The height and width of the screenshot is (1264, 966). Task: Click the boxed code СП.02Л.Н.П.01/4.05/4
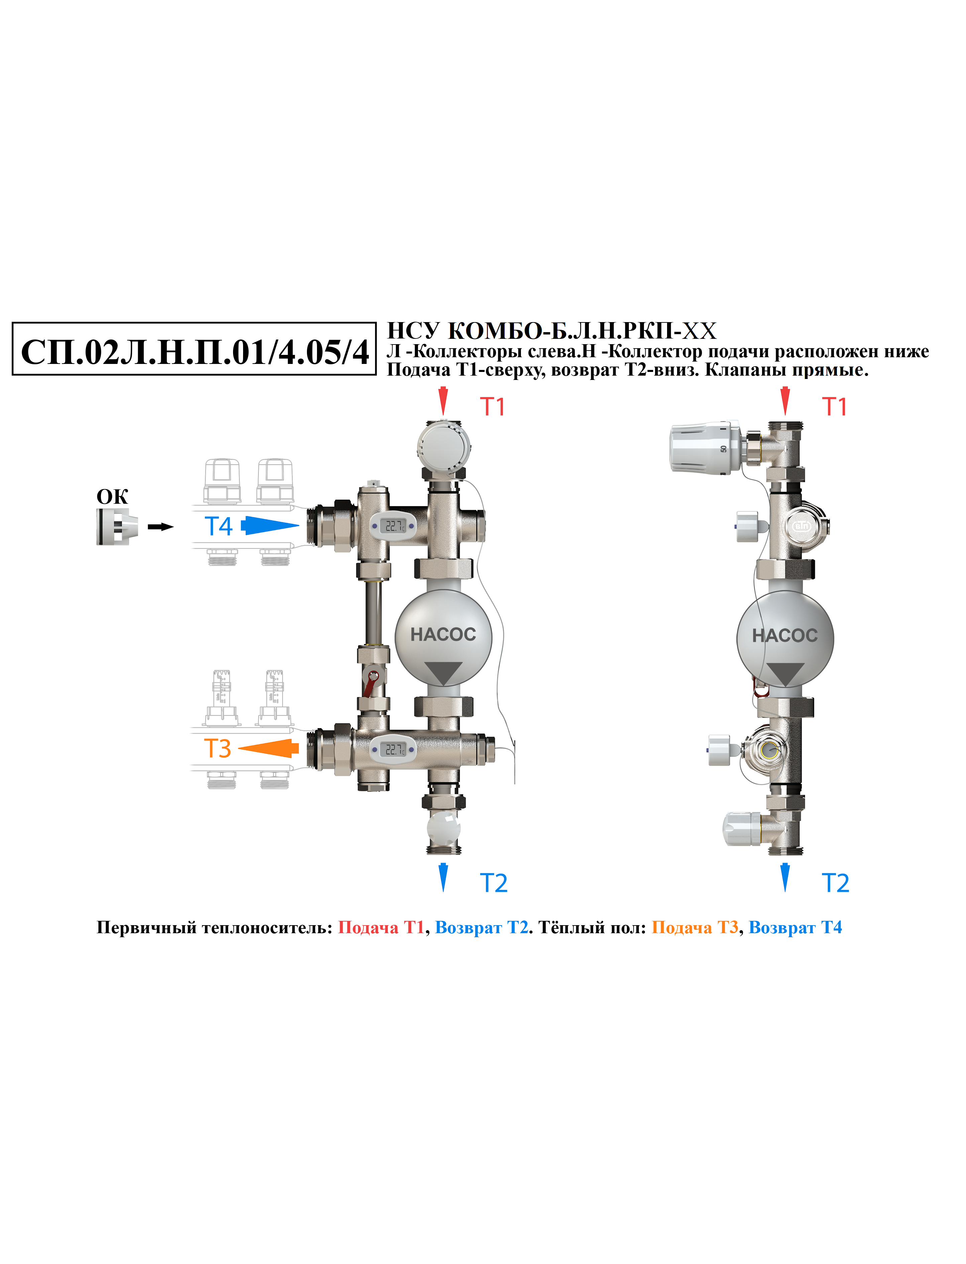click(194, 352)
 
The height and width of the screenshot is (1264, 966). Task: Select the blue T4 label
click(218, 526)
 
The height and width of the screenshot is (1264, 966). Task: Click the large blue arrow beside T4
click(270, 525)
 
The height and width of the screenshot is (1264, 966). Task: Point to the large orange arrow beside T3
click(269, 748)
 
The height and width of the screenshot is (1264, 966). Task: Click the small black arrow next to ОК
click(160, 527)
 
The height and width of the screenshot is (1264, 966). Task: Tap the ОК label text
click(112, 497)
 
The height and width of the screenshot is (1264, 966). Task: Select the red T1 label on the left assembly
click(493, 407)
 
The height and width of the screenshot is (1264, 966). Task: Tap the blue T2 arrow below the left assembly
click(443, 877)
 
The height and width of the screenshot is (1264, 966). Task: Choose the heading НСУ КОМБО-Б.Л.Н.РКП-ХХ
click(551, 331)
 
